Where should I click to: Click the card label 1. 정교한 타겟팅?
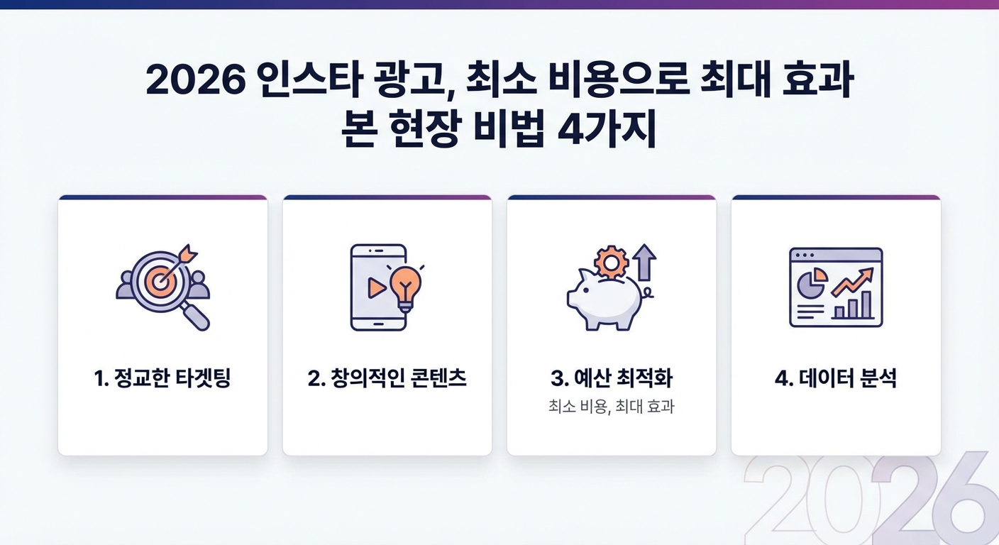tap(162, 379)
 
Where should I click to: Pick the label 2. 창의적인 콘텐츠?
tap(387, 379)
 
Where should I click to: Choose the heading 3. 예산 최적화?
tap(611, 379)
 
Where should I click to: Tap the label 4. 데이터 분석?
tap(836, 379)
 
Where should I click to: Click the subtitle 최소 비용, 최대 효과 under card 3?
tap(611, 407)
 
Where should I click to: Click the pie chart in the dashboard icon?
tap(810, 283)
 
